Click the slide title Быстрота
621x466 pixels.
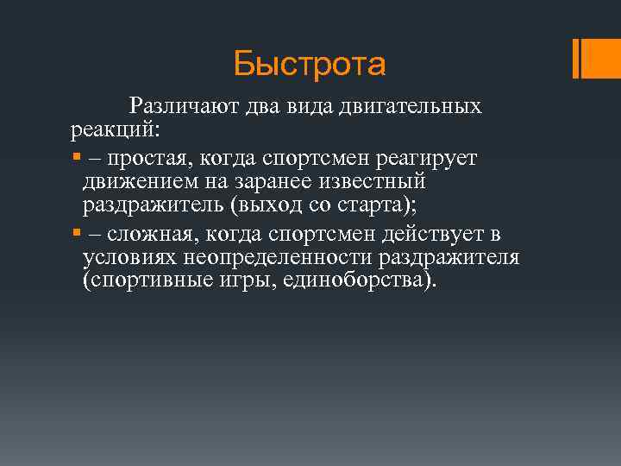[x=310, y=63]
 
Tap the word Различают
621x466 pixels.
[x=172, y=107]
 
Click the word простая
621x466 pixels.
[x=143, y=160]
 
